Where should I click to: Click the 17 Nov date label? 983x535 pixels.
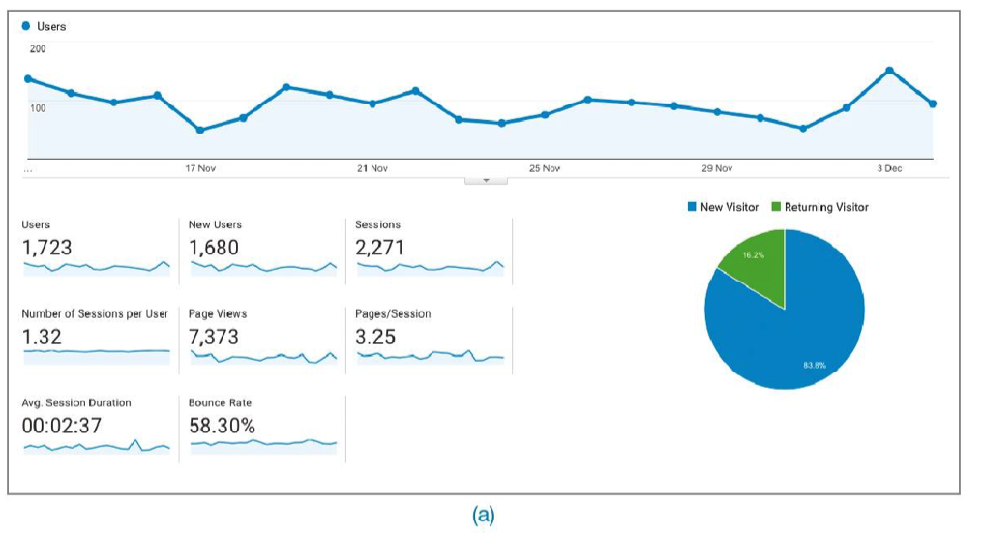[x=200, y=169]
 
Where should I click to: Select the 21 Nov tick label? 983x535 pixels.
[x=372, y=169]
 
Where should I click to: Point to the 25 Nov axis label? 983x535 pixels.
[x=545, y=169]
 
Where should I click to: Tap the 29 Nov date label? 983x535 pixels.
[x=717, y=169]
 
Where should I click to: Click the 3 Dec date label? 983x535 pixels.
[x=889, y=169]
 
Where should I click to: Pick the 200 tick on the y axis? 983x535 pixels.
[x=37, y=48]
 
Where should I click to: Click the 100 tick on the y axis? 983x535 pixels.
[x=37, y=107]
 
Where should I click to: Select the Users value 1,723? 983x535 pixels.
[x=46, y=248]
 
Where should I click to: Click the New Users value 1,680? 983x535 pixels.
[x=214, y=248]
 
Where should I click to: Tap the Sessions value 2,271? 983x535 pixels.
[x=380, y=248]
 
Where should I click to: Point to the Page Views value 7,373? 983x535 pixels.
[x=214, y=337]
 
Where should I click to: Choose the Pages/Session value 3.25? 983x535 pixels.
[x=376, y=337]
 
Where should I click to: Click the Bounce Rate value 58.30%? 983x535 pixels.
[x=223, y=426]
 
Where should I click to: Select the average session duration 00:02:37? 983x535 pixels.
[x=61, y=426]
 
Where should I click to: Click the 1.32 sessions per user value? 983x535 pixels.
[x=41, y=337]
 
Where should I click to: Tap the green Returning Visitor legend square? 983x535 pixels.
[x=776, y=207]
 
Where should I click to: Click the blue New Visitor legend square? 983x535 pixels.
[x=692, y=207]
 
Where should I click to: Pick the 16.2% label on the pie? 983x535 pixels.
[x=754, y=255]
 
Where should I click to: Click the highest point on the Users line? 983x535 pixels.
[x=889, y=70]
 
